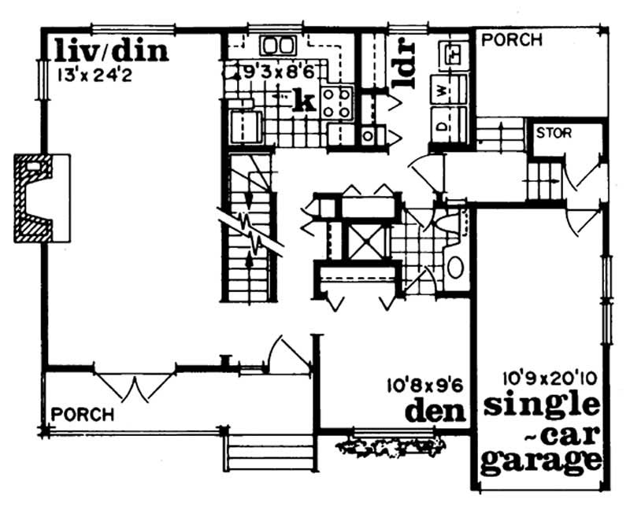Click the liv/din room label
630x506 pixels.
tap(111, 51)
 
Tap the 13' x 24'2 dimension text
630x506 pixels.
tap(94, 76)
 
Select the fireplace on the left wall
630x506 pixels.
tap(42, 198)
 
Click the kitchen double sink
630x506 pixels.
tap(278, 45)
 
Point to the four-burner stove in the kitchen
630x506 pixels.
tap(336, 103)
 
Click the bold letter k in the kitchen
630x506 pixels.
tap(304, 101)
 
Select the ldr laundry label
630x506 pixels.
tap(405, 63)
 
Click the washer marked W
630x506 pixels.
tap(449, 90)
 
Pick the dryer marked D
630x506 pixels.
tap(449, 125)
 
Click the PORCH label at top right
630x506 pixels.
tap(511, 40)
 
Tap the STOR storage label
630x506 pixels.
tap(554, 133)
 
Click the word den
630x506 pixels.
tap(435, 411)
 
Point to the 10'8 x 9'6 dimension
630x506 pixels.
tap(425, 386)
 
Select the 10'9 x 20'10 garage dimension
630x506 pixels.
tap(550, 378)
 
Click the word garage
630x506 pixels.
tap(541, 461)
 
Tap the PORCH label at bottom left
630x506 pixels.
tap(83, 415)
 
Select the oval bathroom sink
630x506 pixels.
tap(455, 267)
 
